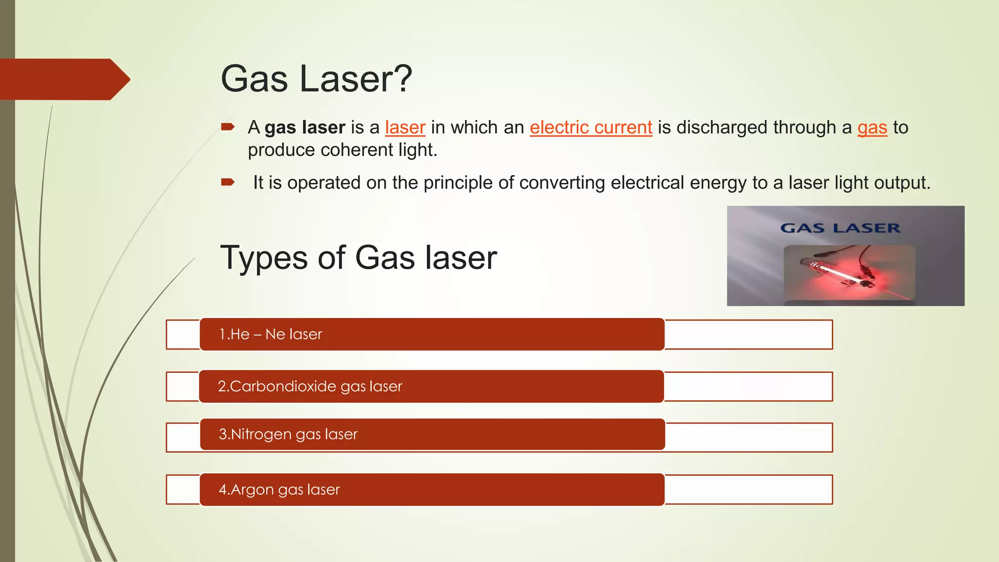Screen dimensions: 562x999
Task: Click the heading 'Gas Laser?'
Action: pos(316,79)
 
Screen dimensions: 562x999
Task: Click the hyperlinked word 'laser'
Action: pos(405,128)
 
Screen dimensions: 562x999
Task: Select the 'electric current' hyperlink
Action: pos(591,128)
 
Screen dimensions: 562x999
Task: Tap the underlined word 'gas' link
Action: pos(872,128)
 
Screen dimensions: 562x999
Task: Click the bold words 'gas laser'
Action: pos(305,128)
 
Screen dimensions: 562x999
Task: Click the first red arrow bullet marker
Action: pos(227,127)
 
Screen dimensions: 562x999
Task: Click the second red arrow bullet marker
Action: pos(227,182)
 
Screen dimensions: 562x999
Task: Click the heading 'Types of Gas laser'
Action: pos(359,258)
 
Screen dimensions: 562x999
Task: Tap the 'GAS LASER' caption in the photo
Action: pos(840,228)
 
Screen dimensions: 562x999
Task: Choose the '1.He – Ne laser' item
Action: pos(271,334)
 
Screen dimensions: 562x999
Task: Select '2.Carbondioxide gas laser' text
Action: pos(310,386)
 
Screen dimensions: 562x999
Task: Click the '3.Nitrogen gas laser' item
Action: pos(288,434)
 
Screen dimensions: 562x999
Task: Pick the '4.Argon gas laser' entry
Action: pos(279,489)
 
